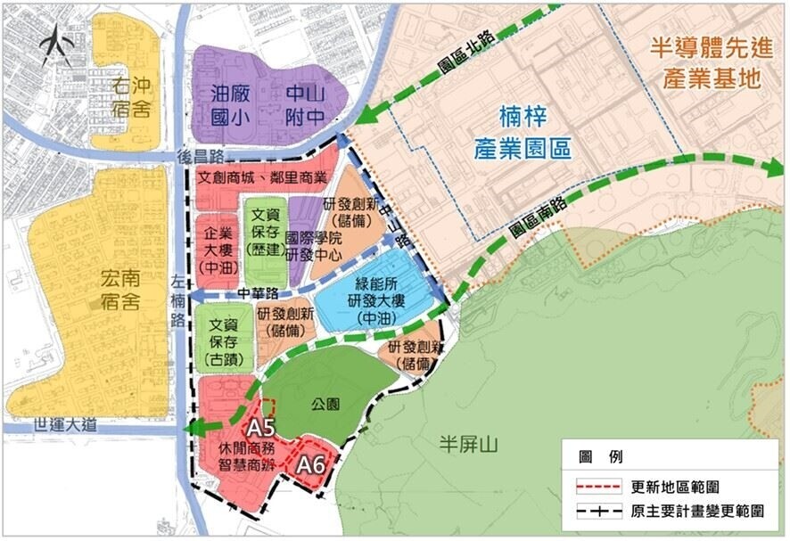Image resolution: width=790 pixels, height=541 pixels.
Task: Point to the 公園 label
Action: click(325, 402)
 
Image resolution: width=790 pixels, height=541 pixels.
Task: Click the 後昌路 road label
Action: click(201, 154)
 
